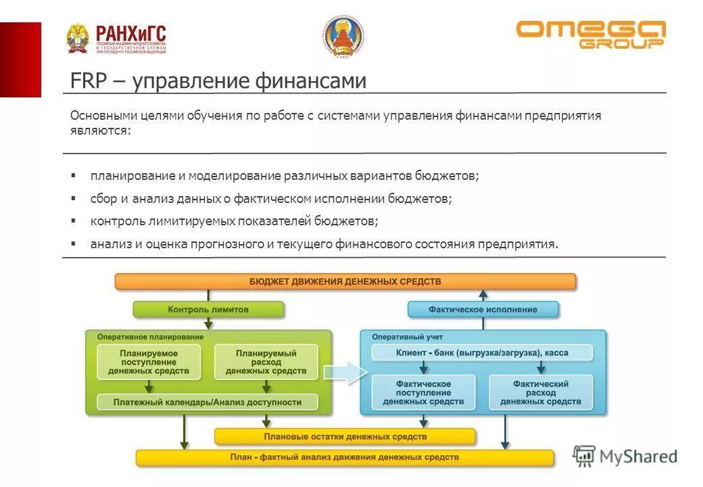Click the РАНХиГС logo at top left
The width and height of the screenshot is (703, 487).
[x=116, y=39]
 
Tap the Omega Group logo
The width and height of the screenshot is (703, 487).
[x=591, y=34]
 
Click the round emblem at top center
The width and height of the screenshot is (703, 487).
[x=344, y=37]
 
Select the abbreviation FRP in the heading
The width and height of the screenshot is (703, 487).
[x=84, y=81]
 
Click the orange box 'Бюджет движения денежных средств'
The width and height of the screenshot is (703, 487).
[x=345, y=281]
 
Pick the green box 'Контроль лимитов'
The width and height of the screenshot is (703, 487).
[x=208, y=309]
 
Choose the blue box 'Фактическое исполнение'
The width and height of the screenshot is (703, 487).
[x=483, y=309]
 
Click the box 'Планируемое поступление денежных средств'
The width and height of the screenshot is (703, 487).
[x=149, y=362]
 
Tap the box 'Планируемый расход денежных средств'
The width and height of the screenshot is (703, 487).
[x=266, y=362]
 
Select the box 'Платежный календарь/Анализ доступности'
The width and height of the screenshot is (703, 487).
[x=208, y=402]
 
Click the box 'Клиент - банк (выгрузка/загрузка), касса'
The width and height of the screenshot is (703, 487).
[x=483, y=352]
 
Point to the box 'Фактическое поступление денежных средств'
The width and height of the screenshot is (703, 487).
[x=423, y=392]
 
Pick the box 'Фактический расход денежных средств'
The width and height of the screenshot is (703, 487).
[x=541, y=392]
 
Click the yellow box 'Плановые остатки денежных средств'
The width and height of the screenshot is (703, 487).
[x=345, y=437]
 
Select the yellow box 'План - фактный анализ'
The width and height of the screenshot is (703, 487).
[x=345, y=457]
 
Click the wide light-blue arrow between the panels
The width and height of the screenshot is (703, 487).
[x=345, y=373]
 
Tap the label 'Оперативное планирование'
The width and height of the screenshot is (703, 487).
[x=150, y=336]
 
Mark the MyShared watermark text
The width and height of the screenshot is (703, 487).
[x=638, y=457]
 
